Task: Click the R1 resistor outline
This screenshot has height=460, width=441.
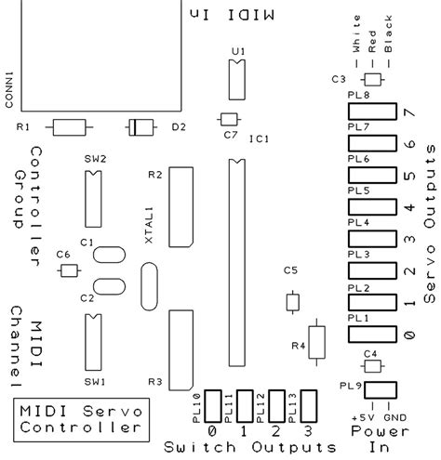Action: pos(70,126)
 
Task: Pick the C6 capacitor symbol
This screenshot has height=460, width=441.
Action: pos(68,270)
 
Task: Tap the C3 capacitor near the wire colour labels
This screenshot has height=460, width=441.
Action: pos(374,79)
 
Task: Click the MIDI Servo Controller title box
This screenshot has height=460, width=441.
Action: pos(82,419)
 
